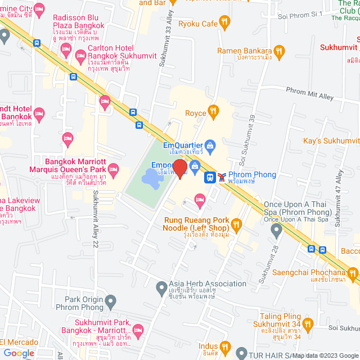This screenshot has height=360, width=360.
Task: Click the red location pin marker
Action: [x=179, y=169]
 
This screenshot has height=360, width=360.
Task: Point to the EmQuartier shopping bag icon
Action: [x=210, y=147]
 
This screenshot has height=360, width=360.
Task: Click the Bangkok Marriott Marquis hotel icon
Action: [x=113, y=169]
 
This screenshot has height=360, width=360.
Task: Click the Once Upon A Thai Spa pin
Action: [x=276, y=229]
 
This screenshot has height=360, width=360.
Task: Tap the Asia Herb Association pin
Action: [x=161, y=287]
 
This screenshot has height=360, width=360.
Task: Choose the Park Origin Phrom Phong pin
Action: [x=111, y=303]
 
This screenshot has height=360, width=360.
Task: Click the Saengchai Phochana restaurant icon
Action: [x=353, y=274]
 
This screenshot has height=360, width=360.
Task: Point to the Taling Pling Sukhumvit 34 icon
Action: [x=307, y=324]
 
